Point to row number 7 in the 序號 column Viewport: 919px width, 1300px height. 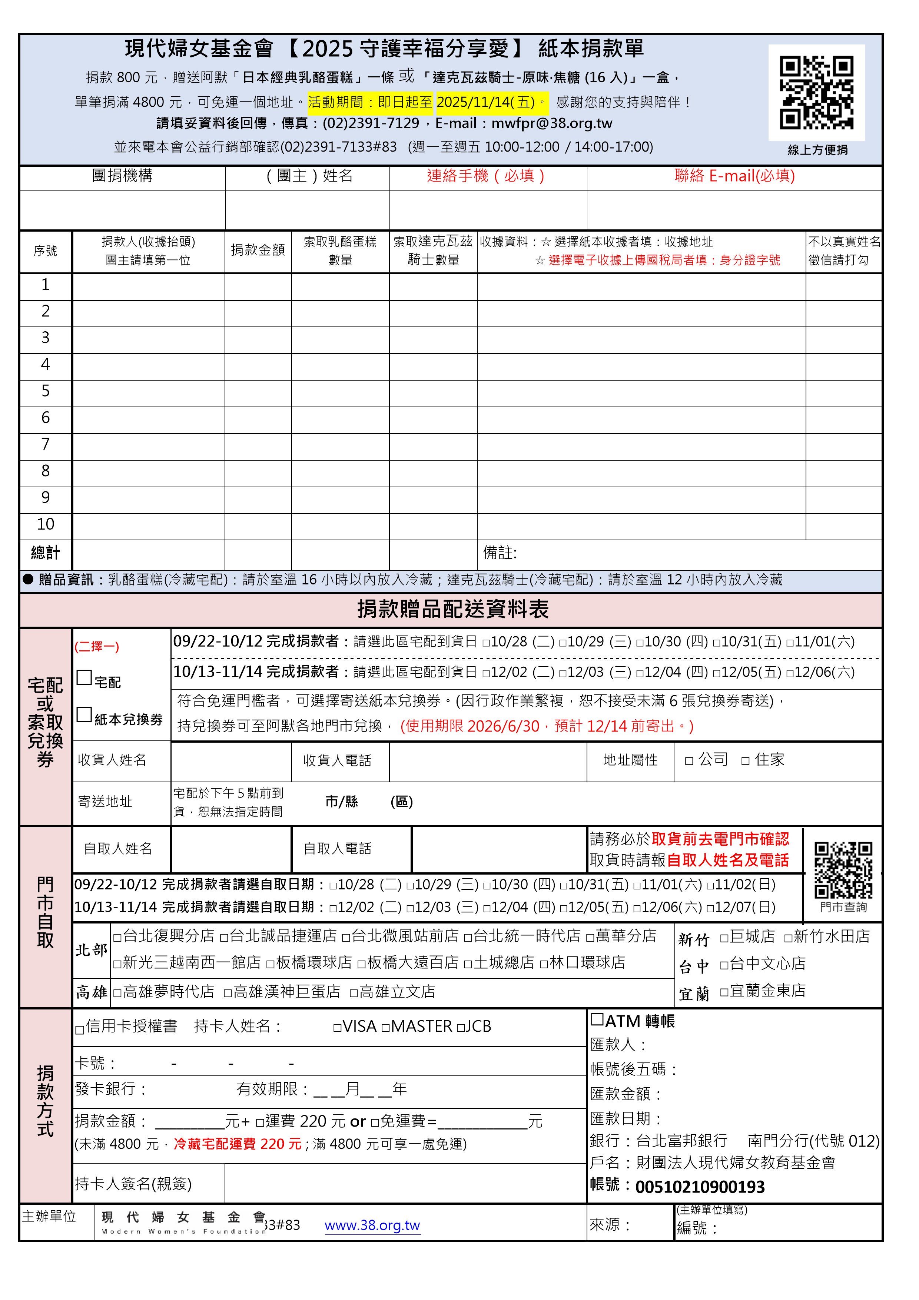pyautogui.click(x=45, y=444)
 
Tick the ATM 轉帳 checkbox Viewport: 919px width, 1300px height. pyautogui.click(x=597, y=1020)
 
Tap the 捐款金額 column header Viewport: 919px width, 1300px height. pyautogui.click(x=258, y=250)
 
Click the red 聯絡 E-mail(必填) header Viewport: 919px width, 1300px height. pyautogui.click(x=734, y=176)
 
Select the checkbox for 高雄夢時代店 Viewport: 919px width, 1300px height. pyautogui.click(x=117, y=992)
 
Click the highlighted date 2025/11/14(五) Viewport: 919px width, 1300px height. pyautogui.click(x=486, y=102)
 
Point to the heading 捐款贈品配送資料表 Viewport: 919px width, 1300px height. pyautogui.click(x=452, y=610)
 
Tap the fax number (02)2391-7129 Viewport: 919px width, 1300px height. pyautogui.click(x=371, y=123)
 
